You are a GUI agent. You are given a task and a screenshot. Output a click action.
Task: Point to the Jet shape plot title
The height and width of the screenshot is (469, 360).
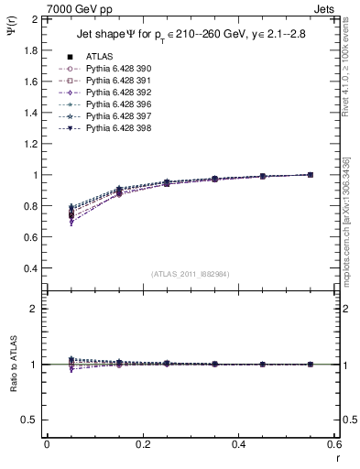(191, 36)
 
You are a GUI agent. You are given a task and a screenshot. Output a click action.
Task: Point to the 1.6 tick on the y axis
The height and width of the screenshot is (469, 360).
(29, 82)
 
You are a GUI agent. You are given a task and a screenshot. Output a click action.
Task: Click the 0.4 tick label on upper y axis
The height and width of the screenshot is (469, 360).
(29, 268)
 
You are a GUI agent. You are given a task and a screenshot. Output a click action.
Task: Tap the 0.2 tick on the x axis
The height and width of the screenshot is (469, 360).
(142, 444)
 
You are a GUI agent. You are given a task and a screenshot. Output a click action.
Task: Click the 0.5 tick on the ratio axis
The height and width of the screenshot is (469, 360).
(29, 420)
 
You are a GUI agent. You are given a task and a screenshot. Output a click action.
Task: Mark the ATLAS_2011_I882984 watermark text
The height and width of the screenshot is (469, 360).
(191, 274)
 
